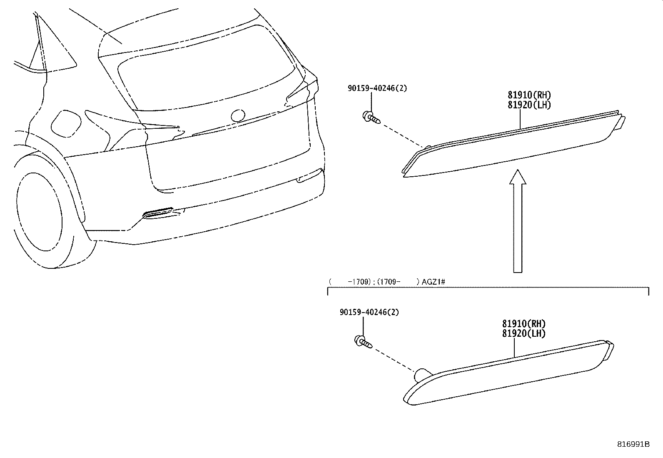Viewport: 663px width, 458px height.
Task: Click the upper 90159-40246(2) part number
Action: pyautogui.click(x=377, y=88)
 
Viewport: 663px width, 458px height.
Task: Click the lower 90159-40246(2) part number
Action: pyautogui.click(x=369, y=312)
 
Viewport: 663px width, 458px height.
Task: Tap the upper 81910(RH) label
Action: pyautogui.click(x=529, y=95)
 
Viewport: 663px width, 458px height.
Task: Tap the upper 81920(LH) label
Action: pyautogui.click(x=529, y=105)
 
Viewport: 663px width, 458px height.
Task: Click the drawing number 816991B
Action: pyautogui.click(x=633, y=444)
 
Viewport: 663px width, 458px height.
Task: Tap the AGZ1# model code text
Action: pyautogui.click(x=434, y=282)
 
